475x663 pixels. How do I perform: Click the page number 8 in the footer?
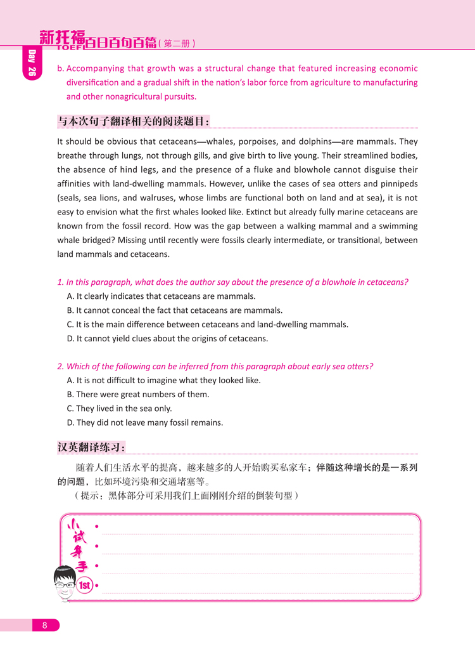44,626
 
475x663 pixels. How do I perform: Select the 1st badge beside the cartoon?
85,586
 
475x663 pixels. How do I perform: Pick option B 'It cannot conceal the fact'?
174,310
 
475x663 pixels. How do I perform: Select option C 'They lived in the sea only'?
119,409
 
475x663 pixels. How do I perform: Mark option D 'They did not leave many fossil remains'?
144,423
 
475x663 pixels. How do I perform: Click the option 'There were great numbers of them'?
137,395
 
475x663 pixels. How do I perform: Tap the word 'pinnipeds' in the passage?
398,184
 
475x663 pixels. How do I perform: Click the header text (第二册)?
176,44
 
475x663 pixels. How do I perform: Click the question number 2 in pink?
60,366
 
